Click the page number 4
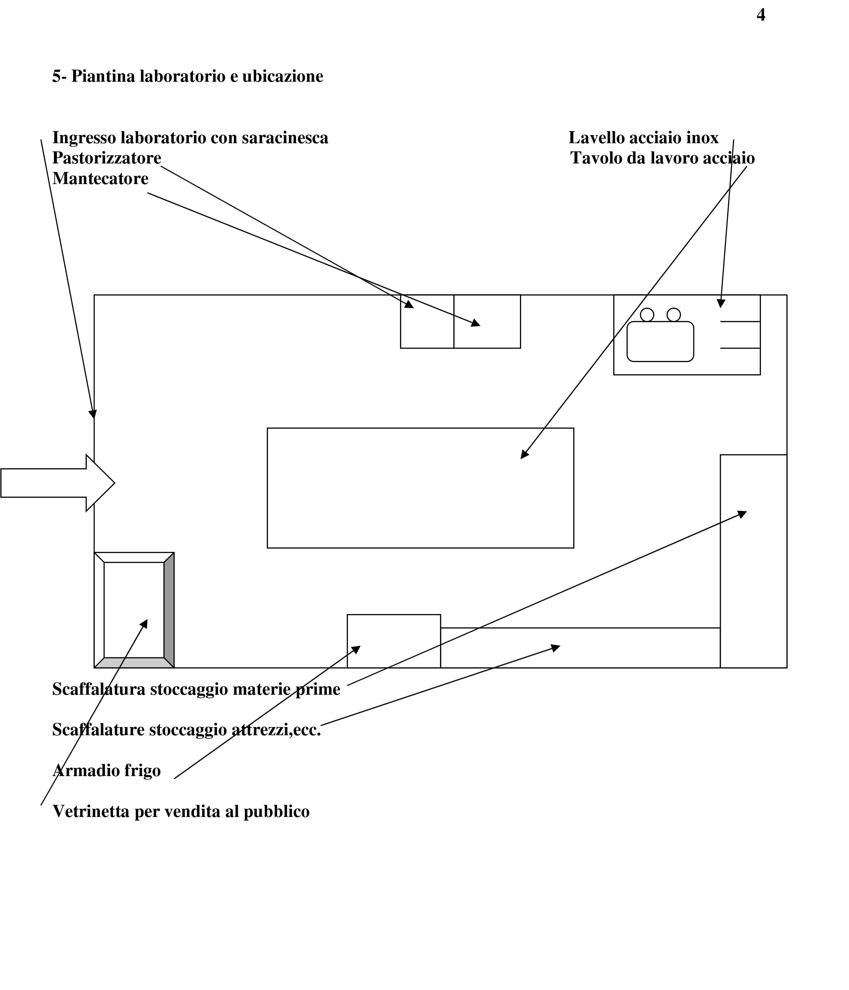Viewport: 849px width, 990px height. point(761,15)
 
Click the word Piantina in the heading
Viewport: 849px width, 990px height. point(103,76)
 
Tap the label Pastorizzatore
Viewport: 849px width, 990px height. point(107,158)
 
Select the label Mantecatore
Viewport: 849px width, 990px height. point(100,178)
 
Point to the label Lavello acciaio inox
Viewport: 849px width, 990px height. point(643,138)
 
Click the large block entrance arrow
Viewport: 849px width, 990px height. point(57,483)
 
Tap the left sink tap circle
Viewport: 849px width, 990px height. point(647,315)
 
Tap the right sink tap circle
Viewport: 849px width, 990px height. point(674,315)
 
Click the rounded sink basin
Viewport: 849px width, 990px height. point(660,341)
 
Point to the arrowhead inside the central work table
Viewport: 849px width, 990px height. point(524,454)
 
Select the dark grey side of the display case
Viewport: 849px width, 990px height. point(169,610)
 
